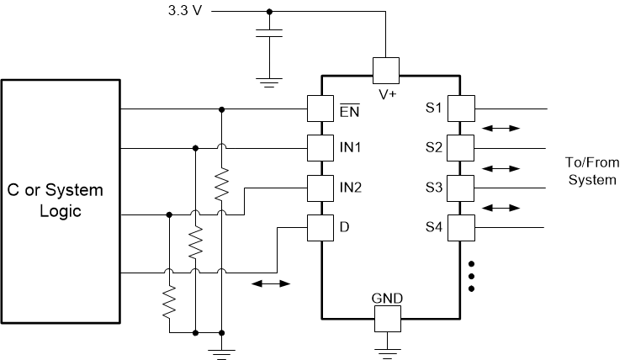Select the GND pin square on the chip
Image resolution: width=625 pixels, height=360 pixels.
387,318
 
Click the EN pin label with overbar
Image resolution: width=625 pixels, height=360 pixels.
348,109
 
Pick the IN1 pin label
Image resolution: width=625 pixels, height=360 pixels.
350,148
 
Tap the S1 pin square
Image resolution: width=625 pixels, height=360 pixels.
461,109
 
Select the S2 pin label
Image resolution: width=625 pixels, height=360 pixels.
433,148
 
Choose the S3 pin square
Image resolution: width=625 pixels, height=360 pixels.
461,187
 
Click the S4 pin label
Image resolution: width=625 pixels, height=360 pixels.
433,227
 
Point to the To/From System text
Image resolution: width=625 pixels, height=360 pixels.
592,172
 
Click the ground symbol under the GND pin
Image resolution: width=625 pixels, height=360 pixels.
387,346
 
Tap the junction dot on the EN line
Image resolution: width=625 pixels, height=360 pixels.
221,109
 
